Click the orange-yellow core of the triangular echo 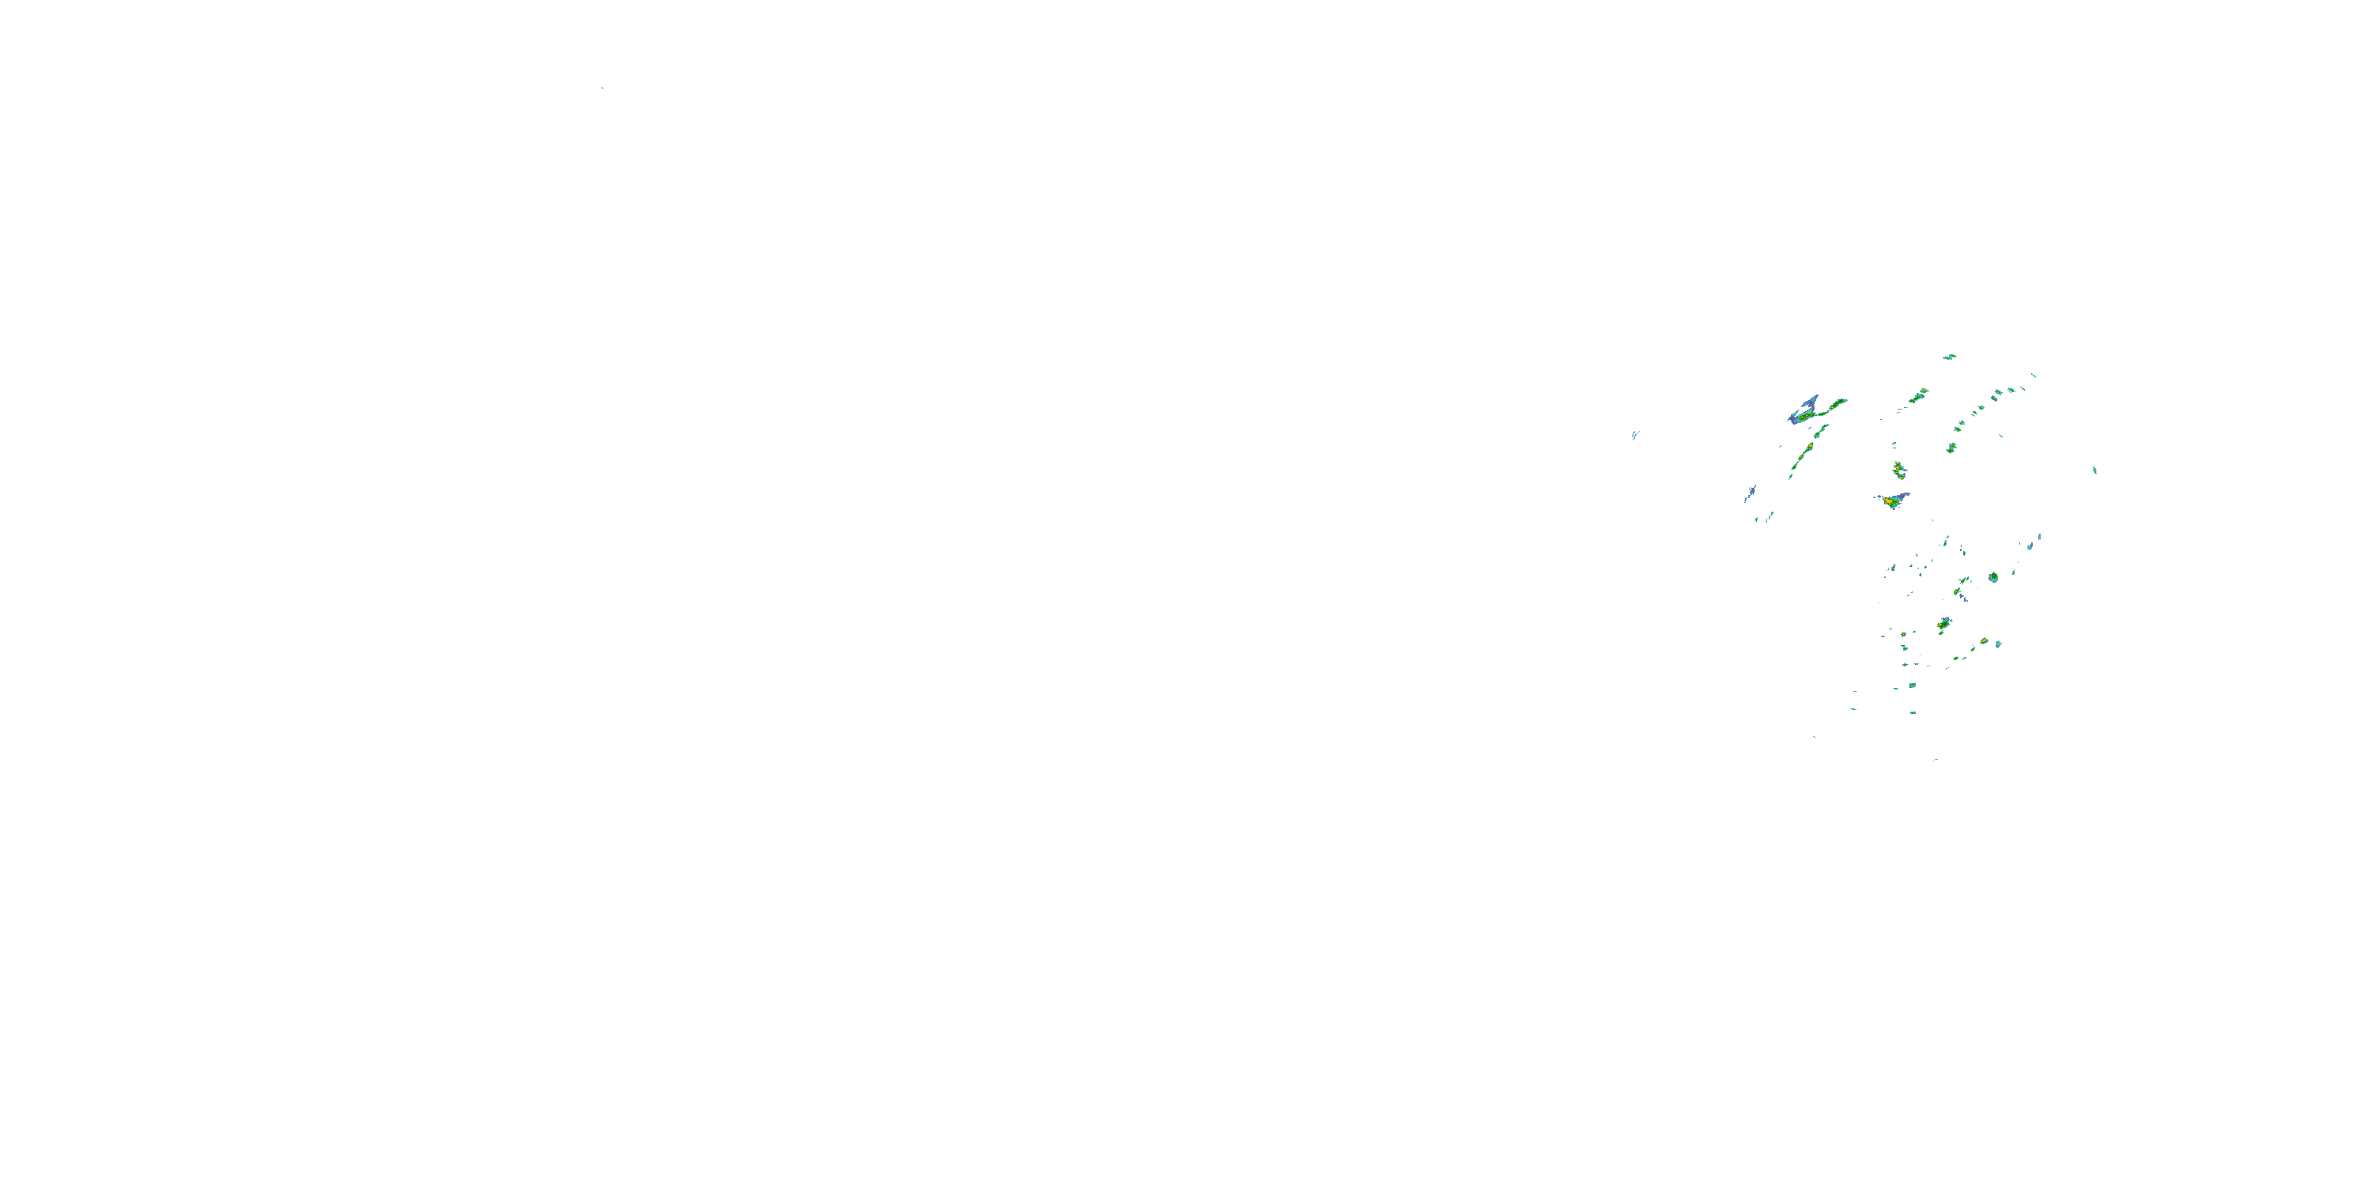(x=1891, y=503)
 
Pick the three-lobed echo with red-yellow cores (x=1898, y=470)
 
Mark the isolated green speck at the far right (x=2094, y=470)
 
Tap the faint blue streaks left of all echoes (x=1634, y=435)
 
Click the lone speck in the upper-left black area (x=602, y=88)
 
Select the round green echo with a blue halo (x=1993, y=577)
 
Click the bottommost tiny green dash (x=1936, y=760)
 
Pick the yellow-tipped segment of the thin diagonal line (x=1809, y=448)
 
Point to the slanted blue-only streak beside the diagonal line (x=1750, y=493)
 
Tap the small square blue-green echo (x=1912, y=685)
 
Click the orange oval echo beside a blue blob (x=1985, y=642)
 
